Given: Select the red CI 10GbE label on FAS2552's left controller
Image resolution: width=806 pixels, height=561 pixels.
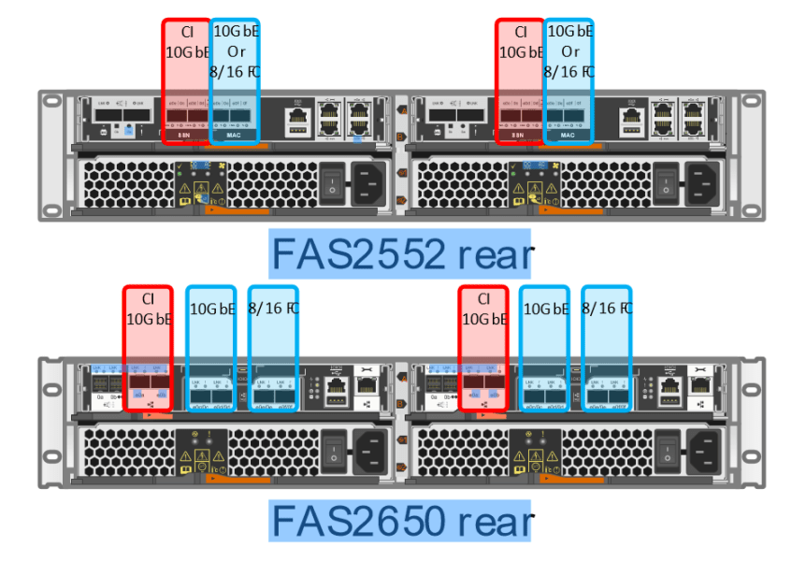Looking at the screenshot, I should (185, 42).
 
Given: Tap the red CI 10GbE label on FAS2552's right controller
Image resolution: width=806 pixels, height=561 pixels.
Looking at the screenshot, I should (519, 42).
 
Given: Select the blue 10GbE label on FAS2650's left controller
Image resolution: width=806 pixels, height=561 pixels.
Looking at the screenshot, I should (210, 309).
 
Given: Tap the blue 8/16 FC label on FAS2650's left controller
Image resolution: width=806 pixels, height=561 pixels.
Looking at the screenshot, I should (273, 309).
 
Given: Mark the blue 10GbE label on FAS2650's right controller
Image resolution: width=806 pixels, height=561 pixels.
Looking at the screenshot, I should (544, 309).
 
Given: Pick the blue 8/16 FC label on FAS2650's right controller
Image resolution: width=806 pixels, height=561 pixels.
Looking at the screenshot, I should (606, 309).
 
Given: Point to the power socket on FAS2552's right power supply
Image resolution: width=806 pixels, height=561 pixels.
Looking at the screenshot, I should (702, 181).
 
